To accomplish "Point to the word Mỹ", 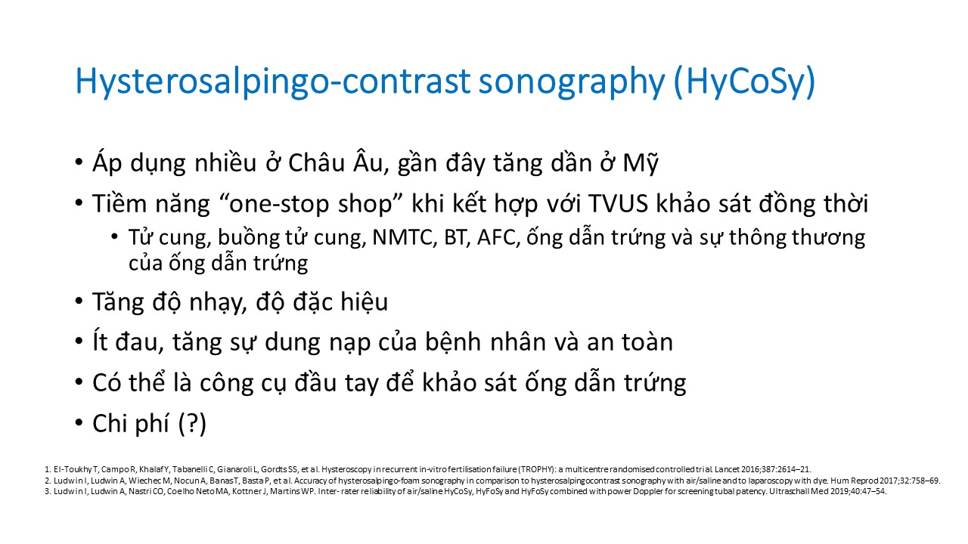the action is [x=641, y=163].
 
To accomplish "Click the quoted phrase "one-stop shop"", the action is [x=315, y=203].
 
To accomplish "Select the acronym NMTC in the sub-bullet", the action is [x=404, y=237].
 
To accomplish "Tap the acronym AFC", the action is [x=496, y=237].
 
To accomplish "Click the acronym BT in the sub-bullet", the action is [x=455, y=237].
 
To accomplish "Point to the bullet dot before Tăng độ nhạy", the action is [x=79, y=301].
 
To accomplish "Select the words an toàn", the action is [x=630, y=342].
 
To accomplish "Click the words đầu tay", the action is [x=337, y=382].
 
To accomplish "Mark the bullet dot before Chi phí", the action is [x=79, y=422].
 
